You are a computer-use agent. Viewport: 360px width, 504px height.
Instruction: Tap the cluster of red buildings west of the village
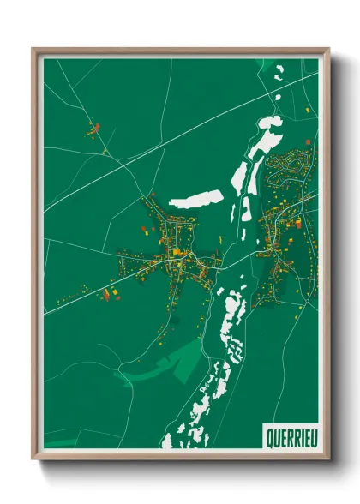(110, 294)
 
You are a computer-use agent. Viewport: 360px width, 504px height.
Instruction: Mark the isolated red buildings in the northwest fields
(93, 130)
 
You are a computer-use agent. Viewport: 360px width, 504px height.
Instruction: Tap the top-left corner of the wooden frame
(33, 50)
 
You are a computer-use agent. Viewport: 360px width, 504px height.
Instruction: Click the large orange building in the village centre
(177, 253)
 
